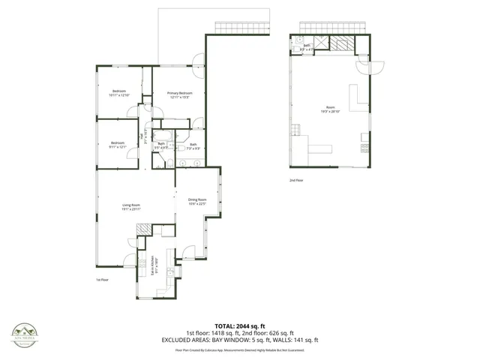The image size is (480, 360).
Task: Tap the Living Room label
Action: click(132, 207)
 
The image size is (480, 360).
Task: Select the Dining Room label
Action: click(196, 201)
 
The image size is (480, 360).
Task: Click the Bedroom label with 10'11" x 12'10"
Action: click(119, 94)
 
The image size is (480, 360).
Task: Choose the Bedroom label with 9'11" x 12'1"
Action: click(118, 144)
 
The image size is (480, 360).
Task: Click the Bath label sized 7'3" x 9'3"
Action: click(193, 146)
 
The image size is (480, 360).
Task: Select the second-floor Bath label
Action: click(307, 46)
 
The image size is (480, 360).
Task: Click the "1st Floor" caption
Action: click(103, 280)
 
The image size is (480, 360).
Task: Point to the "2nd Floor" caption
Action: click(296, 180)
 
